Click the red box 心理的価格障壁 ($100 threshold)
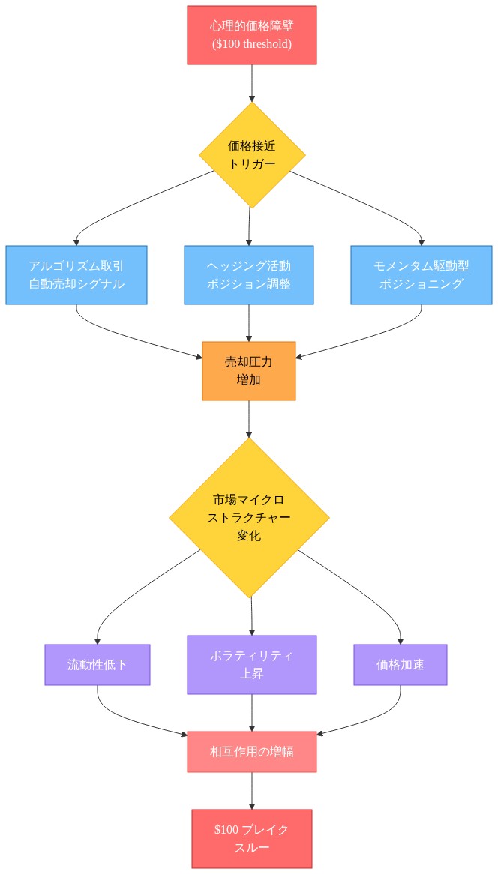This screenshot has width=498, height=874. [x=252, y=35]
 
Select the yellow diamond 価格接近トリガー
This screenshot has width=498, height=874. [x=252, y=155]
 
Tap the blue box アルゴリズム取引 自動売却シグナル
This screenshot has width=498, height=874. [x=76, y=275]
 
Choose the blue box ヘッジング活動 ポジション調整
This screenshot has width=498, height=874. [x=249, y=275]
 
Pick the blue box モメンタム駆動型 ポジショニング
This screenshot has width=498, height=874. [x=421, y=275]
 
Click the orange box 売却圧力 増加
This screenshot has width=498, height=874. [x=249, y=371]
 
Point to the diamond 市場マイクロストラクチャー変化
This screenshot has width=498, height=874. [x=249, y=518]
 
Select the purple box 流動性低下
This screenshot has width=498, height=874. [x=97, y=665]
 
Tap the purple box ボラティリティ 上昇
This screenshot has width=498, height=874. [x=251, y=665]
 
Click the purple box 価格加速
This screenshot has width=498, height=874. [x=400, y=665]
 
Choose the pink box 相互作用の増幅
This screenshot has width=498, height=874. [x=251, y=752]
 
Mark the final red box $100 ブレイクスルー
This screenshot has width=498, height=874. [x=251, y=839]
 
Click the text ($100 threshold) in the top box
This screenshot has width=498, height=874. [x=252, y=44]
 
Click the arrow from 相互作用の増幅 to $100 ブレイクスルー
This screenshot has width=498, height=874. [x=251, y=790]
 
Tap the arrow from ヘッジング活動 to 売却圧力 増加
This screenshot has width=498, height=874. [x=249, y=322]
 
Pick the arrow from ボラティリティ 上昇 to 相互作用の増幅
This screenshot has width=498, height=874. [x=251, y=712]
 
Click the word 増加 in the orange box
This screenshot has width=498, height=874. [x=249, y=380]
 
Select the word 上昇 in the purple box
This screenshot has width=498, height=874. [x=251, y=674]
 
